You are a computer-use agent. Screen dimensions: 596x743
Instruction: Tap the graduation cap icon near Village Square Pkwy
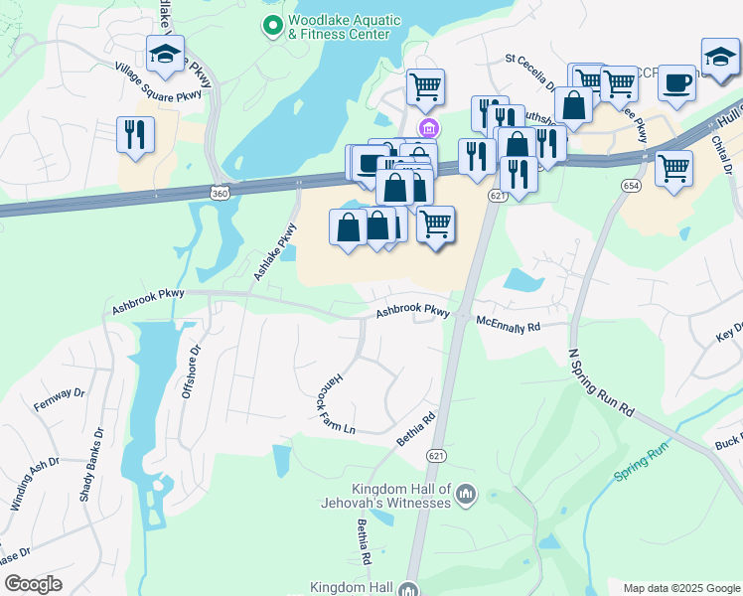coord(165,55)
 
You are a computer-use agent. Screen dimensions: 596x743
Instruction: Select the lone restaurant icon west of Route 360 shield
coord(135,134)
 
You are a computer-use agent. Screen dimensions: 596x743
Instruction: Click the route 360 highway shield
coord(218,190)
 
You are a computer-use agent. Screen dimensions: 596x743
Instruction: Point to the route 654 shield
coord(633,185)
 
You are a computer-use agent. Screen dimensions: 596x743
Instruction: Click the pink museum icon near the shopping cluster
coord(429,127)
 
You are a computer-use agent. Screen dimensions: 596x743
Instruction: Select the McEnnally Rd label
coord(508,324)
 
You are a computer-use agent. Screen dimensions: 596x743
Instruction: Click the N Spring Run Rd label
coord(600,381)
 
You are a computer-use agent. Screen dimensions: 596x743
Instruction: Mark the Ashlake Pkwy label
coord(275,252)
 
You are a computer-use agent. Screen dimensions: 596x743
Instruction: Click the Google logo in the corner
coord(33,584)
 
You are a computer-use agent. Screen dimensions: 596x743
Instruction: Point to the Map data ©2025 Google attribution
coord(680,588)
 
